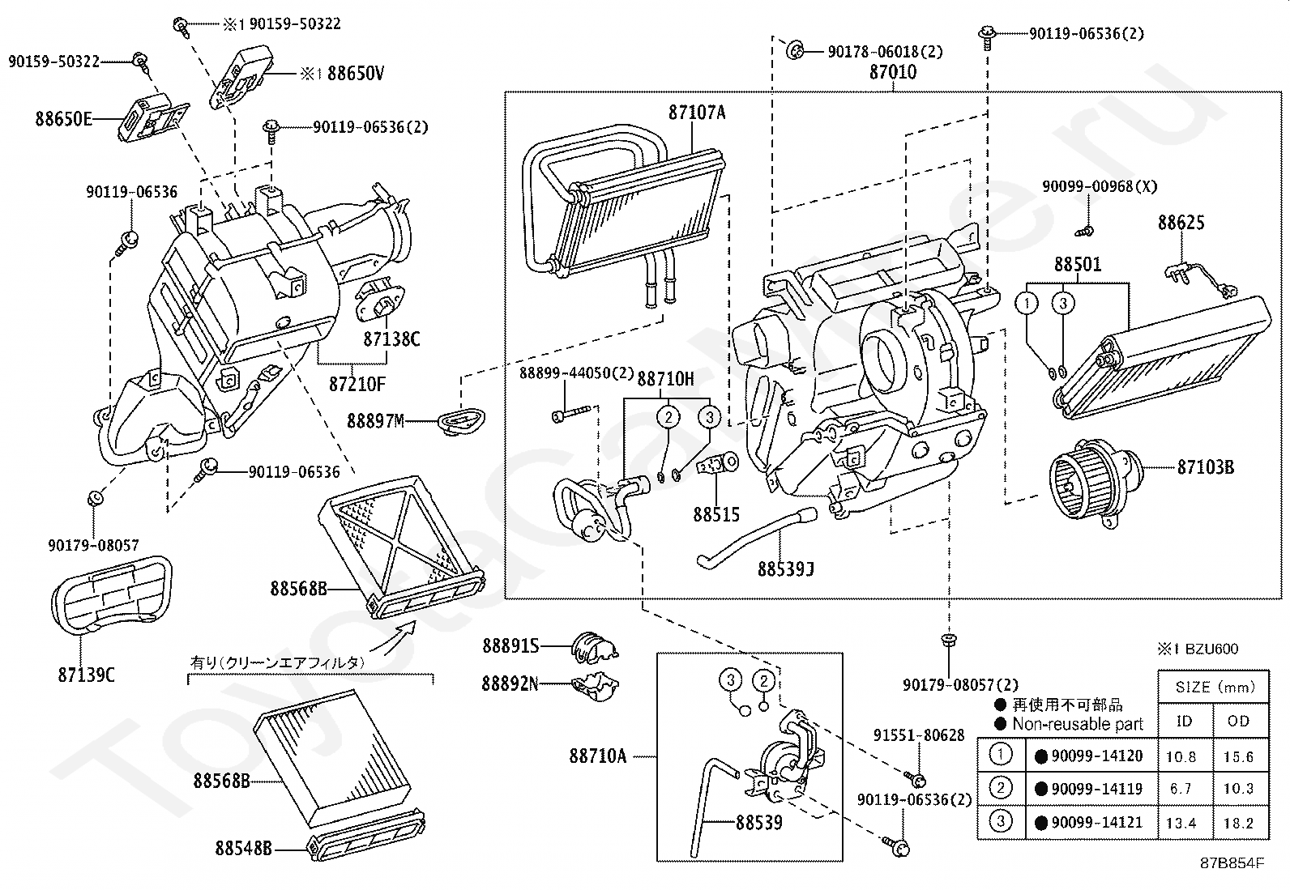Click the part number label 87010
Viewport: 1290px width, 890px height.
[893, 72]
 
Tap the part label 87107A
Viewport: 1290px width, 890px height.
[697, 113]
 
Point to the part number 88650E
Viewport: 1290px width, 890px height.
[63, 119]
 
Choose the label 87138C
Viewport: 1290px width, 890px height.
[391, 339]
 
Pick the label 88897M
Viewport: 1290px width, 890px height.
[375, 420]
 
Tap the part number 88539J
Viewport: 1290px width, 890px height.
[785, 569]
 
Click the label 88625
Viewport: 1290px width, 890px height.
[1181, 223]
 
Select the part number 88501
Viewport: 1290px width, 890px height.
[1078, 265]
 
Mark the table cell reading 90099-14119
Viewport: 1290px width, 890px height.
[1096, 789]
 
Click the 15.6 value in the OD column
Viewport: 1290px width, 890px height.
[1238, 757]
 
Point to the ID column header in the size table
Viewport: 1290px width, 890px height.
[1184, 721]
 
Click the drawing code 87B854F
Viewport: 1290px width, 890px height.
[1232, 862]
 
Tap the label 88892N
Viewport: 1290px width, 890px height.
[510, 683]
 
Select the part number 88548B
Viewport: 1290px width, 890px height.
[243, 849]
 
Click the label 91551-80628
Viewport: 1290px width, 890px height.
[919, 735]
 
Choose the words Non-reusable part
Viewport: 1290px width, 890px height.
[1078, 724]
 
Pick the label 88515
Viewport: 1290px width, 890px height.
[716, 514]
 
